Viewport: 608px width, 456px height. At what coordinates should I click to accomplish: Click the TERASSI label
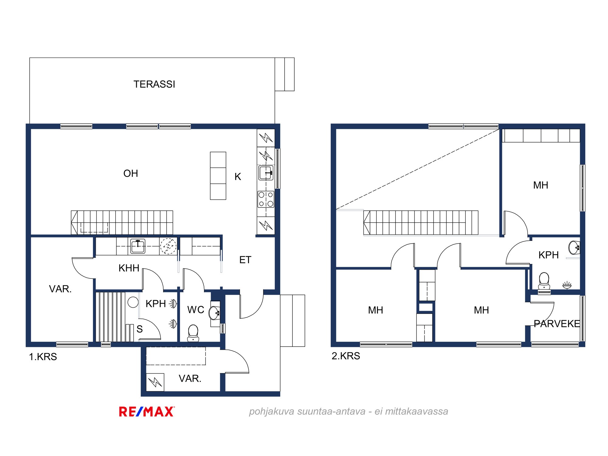154,84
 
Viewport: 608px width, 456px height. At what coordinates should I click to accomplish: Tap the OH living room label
131,173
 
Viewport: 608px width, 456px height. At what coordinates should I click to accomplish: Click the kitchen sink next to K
266,173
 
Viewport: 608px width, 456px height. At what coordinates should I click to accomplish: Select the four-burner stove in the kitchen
266,199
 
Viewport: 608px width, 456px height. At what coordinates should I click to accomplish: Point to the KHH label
129,268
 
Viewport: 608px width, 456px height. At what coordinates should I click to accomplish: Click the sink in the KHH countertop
138,246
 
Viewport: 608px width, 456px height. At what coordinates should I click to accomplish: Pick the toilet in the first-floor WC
193,333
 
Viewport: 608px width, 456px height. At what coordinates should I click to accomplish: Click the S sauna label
140,329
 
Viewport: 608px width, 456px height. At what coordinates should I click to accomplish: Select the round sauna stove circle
133,302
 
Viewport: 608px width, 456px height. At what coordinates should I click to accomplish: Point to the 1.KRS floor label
43,357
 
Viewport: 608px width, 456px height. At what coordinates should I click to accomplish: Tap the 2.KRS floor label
346,356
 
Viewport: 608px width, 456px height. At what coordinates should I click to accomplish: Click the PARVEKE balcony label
557,324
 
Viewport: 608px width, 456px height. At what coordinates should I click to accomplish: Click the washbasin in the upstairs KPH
574,247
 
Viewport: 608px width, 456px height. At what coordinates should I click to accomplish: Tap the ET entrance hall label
245,260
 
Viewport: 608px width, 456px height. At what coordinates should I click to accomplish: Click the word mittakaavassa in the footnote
416,411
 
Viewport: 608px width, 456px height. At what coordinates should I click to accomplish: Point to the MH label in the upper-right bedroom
541,185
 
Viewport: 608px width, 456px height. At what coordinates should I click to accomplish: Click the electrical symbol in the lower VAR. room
155,382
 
